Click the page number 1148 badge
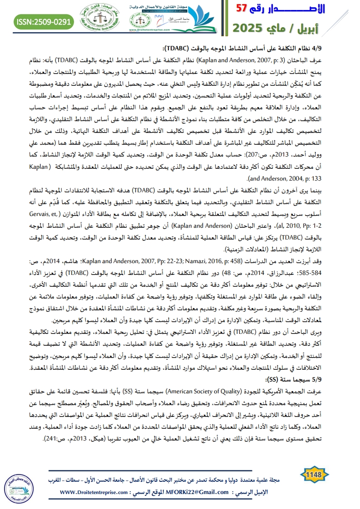(314, 475)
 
